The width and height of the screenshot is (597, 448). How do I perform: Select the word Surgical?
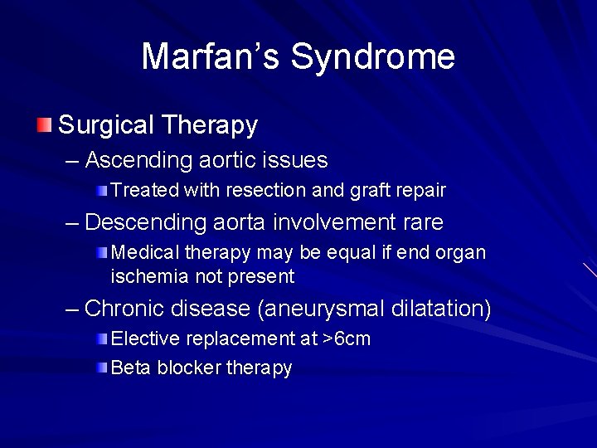point(106,125)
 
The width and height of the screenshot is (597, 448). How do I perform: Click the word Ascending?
point(140,160)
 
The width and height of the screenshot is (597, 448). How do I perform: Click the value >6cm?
point(347,338)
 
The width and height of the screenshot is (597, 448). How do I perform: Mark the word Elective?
point(146,338)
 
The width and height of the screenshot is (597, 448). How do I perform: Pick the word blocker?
point(189,368)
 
